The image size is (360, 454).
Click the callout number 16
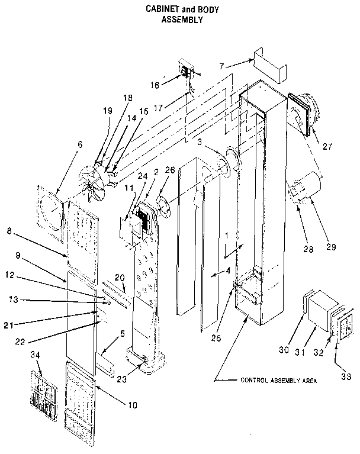[155, 85]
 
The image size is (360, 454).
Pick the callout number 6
[79, 144]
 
